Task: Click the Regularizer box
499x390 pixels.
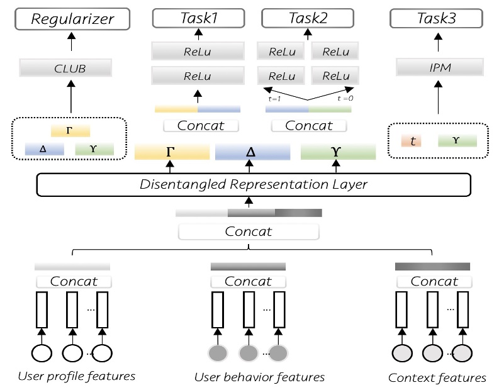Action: (x=73, y=19)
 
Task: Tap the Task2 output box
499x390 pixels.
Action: (x=308, y=19)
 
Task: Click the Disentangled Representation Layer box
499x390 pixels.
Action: (x=254, y=184)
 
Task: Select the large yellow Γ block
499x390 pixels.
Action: (x=172, y=152)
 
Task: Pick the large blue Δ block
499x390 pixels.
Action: (x=252, y=152)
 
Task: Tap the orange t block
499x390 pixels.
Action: (x=413, y=142)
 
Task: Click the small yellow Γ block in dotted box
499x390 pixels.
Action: (x=70, y=130)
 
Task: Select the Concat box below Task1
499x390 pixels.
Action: (x=201, y=125)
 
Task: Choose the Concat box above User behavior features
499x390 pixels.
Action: (x=248, y=281)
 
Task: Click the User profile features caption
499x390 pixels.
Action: (x=77, y=376)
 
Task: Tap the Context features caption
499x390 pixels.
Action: (x=437, y=377)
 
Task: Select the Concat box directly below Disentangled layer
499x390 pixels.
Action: (x=249, y=231)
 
